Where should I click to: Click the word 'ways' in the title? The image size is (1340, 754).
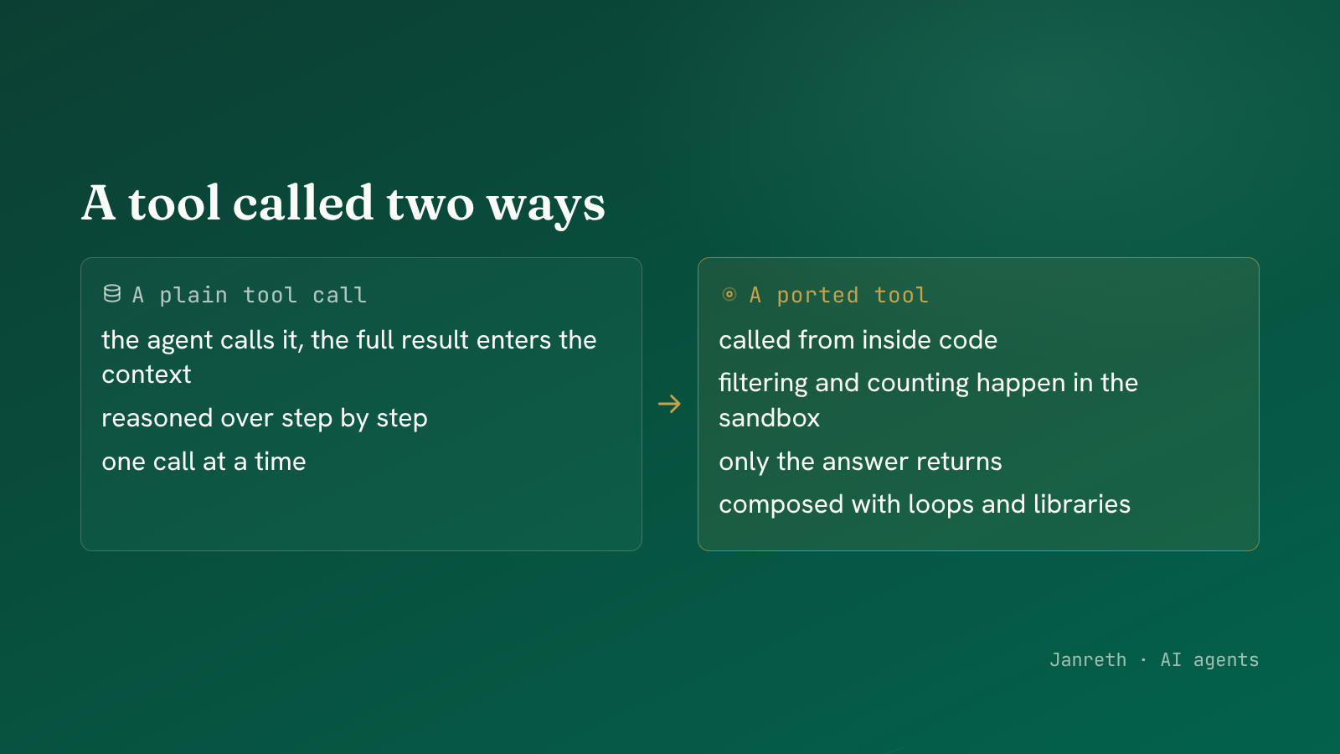[x=545, y=204]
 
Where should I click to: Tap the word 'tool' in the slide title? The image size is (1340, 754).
[x=175, y=202]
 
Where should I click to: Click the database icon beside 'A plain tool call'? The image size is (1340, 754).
[x=112, y=294]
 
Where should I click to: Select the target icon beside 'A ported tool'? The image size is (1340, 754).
[x=729, y=294]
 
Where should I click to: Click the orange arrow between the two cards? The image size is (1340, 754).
[x=669, y=404]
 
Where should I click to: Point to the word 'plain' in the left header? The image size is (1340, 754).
[x=193, y=295]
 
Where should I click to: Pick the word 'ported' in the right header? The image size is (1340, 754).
[x=817, y=295]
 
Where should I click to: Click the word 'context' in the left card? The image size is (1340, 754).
[x=147, y=374]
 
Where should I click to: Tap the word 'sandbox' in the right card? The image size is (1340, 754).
[x=770, y=418]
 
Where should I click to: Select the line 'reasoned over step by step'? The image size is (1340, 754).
[x=265, y=418]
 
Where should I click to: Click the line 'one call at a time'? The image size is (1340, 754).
[x=204, y=462]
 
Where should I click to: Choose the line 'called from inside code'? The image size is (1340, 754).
[x=858, y=340]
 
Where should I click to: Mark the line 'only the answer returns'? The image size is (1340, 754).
[x=860, y=462]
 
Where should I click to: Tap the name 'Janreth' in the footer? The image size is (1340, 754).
[x=1088, y=659]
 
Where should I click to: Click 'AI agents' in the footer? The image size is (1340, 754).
[x=1209, y=660]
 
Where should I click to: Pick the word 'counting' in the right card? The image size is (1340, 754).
[x=918, y=383]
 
